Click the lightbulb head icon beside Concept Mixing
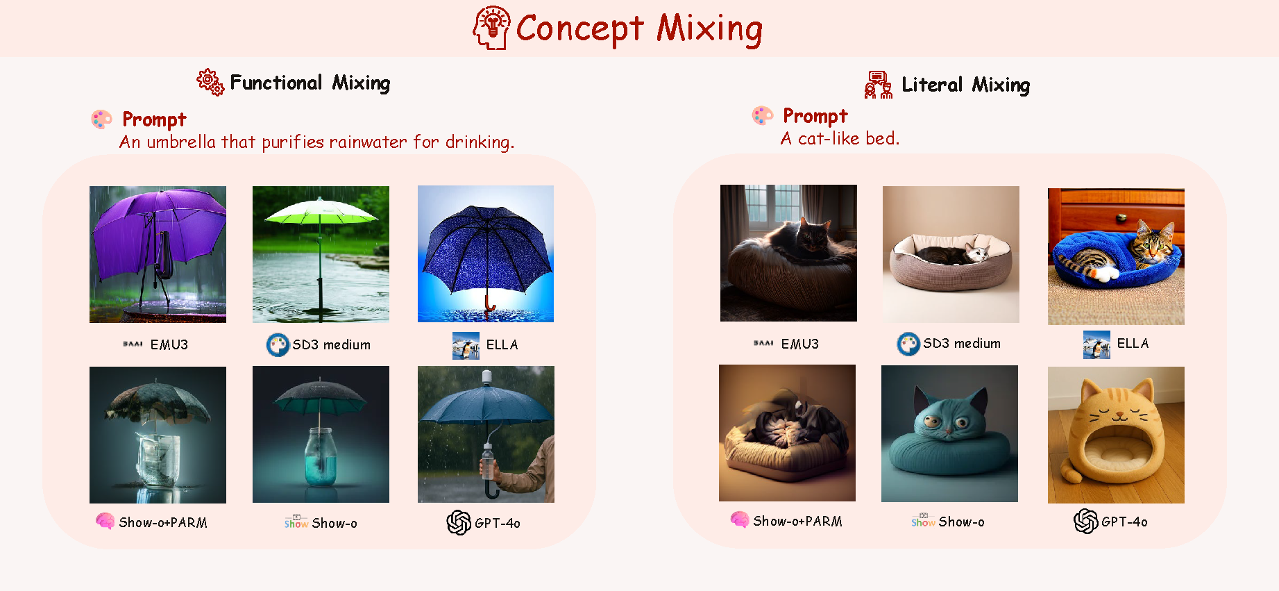click(x=491, y=28)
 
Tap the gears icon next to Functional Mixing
click(x=210, y=82)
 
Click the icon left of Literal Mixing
click(x=878, y=85)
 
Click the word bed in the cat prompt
click(x=882, y=139)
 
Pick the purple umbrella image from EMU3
click(x=158, y=254)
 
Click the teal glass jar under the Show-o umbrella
click(x=321, y=456)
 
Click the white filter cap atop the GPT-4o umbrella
click(x=486, y=377)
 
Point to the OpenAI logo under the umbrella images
click(x=459, y=522)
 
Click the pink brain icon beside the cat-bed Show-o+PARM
click(x=740, y=520)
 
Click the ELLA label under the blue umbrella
click(x=502, y=345)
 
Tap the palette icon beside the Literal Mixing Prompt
click(x=763, y=115)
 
